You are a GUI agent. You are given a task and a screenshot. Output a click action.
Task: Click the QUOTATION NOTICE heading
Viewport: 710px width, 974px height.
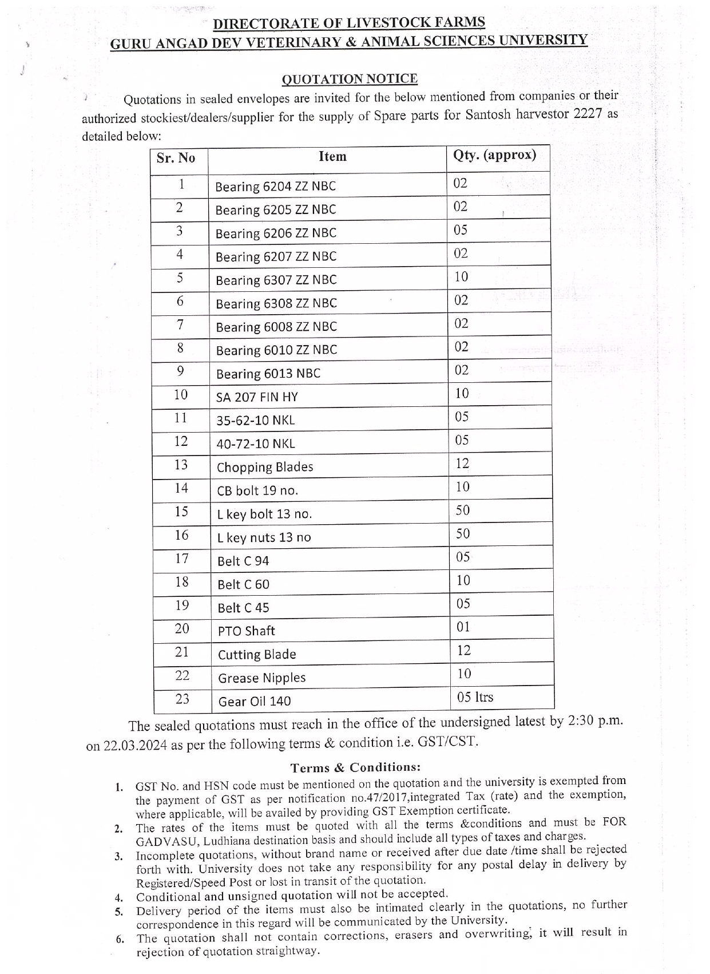[350, 79]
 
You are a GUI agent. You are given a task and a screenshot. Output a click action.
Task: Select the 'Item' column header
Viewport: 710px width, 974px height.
[332, 157]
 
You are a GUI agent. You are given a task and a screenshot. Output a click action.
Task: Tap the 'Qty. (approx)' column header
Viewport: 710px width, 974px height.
[494, 155]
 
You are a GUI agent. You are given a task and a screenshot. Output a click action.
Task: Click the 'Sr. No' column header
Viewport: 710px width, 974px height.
[176, 158]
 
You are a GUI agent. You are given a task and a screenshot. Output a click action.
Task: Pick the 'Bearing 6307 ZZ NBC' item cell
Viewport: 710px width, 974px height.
[276, 280]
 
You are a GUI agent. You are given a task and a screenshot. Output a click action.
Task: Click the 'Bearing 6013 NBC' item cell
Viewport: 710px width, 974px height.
[268, 374]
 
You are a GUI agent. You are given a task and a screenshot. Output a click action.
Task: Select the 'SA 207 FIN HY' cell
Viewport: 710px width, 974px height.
[257, 397]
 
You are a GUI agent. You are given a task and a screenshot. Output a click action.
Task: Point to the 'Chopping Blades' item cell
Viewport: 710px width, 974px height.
[265, 467]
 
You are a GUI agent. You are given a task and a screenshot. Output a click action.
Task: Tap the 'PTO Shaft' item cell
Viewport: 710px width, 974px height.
[246, 631]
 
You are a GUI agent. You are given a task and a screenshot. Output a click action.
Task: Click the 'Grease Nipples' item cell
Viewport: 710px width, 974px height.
[261, 678]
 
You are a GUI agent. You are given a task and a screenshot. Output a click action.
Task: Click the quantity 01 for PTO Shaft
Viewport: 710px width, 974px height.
[463, 627]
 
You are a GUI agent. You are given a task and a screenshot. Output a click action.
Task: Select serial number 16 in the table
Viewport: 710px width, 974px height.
[181, 535]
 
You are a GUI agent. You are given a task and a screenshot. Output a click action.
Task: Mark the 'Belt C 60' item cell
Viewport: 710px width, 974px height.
[243, 584]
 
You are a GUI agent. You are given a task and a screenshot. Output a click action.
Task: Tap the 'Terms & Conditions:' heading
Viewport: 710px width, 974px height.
[355, 767]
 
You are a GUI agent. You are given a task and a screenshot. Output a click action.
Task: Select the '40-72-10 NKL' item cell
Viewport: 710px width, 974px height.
[256, 444]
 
